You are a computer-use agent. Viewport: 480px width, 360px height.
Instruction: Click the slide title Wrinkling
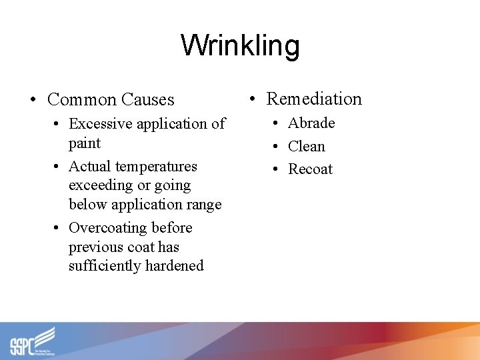coord(240,46)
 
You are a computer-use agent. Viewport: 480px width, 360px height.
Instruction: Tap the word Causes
coord(147,100)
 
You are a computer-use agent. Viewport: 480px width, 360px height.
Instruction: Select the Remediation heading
coord(314,99)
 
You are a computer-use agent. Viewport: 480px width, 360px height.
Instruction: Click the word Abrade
coord(311,123)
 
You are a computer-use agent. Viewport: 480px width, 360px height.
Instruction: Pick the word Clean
coord(306,146)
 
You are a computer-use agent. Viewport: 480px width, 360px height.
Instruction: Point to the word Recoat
coord(310,169)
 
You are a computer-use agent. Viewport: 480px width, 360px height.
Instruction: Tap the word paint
coord(85,143)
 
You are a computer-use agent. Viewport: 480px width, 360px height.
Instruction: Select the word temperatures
coord(155,167)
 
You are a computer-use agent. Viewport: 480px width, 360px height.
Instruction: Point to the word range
coord(203,205)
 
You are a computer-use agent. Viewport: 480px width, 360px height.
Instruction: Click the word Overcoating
coord(108,228)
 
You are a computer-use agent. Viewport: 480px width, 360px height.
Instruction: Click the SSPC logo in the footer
coord(33,341)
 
